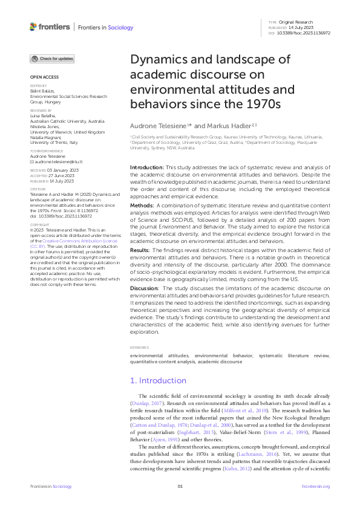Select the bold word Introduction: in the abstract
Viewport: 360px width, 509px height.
148,166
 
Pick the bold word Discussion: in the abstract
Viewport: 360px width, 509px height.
146,289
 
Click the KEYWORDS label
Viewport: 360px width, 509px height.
140,347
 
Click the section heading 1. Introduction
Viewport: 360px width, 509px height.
159,381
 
